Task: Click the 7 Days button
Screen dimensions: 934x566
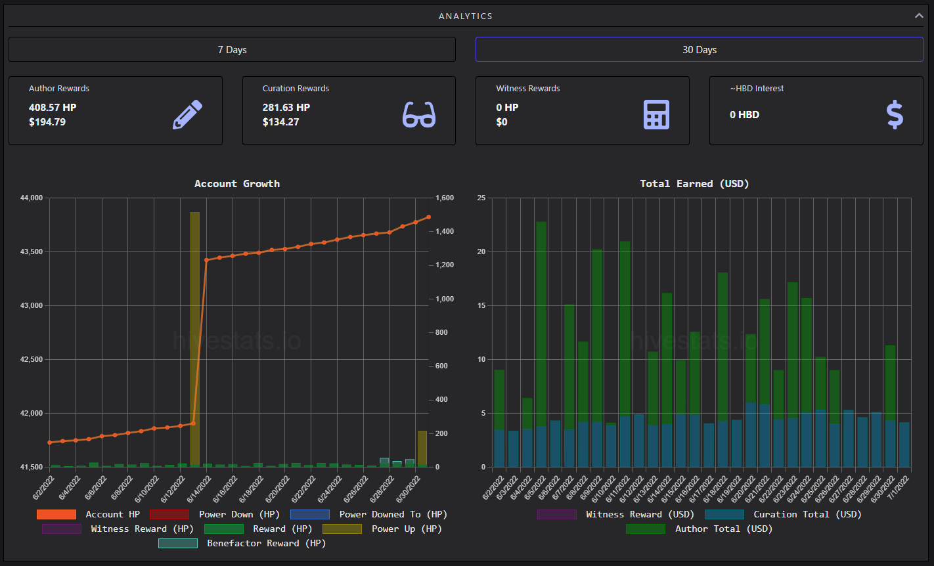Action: point(232,50)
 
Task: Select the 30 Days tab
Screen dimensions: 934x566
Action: point(700,50)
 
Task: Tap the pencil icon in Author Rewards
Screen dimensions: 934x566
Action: point(188,115)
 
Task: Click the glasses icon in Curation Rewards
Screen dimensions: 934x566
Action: point(418,115)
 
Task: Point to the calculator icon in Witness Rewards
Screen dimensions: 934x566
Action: point(656,115)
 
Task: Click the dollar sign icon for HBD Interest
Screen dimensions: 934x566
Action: point(895,115)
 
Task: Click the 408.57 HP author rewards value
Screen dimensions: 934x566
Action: point(53,108)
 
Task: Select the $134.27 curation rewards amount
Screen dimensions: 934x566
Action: point(280,122)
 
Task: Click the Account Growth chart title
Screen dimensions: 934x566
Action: point(237,184)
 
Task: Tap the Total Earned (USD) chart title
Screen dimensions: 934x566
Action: point(694,184)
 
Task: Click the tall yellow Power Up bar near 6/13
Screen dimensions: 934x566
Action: point(194,338)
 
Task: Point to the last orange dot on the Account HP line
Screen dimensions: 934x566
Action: point(429,217)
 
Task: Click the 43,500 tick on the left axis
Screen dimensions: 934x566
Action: point(32,251)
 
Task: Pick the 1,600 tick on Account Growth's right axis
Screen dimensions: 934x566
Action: point(445,198)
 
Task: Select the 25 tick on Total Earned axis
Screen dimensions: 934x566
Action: point(481,198)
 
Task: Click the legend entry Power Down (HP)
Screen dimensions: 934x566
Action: point(214,514)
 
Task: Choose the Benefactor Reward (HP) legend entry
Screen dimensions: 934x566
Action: point(242,543)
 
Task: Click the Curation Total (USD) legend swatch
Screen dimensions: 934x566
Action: point(724,514)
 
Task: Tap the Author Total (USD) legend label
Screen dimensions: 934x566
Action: point(724,529)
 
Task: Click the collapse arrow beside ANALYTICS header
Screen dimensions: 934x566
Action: point(919,16)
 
